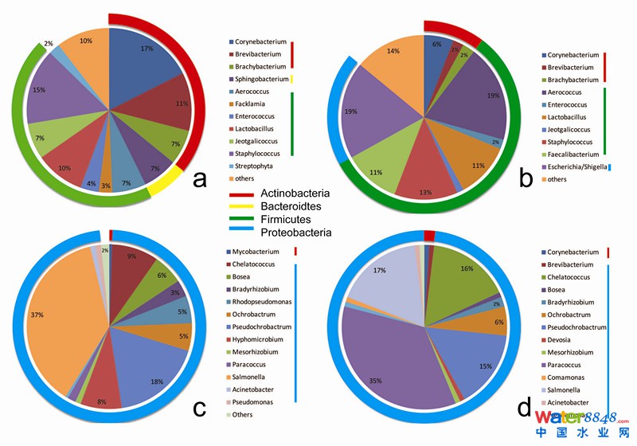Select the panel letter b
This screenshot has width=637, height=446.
coord(526,178)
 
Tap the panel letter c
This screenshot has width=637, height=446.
coord(200,408)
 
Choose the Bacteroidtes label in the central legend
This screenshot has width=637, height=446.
coord(290,207)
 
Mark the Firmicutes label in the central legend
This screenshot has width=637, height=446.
coord(283,220)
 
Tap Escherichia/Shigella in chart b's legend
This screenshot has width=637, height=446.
coord(578,166)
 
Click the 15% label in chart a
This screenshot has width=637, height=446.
coord(38,89)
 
